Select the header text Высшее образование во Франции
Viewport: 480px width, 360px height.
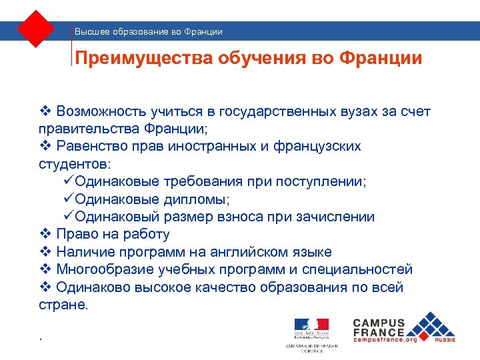(x=149, y=31)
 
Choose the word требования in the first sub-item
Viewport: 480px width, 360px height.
(x=195, y=182)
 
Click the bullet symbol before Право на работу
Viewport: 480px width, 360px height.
(x=45, y=235)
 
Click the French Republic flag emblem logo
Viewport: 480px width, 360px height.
(x=311, y=327)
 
